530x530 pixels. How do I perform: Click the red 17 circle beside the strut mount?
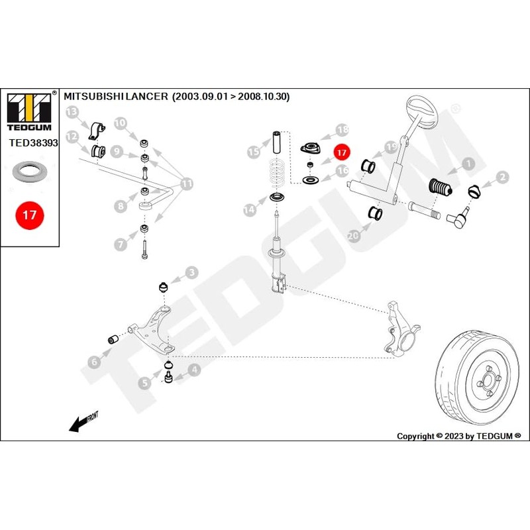pyautogui.click(x=341, y=152)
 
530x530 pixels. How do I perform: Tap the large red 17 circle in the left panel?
pyautogui.click(x=29, y=215)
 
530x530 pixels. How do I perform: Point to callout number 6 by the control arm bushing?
pyautogui.click(x=95, y=361)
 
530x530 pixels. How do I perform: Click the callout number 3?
pyautogui.click(x=191, y=272)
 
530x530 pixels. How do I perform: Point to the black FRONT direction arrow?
pyautogui.click(x=80, y=423)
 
